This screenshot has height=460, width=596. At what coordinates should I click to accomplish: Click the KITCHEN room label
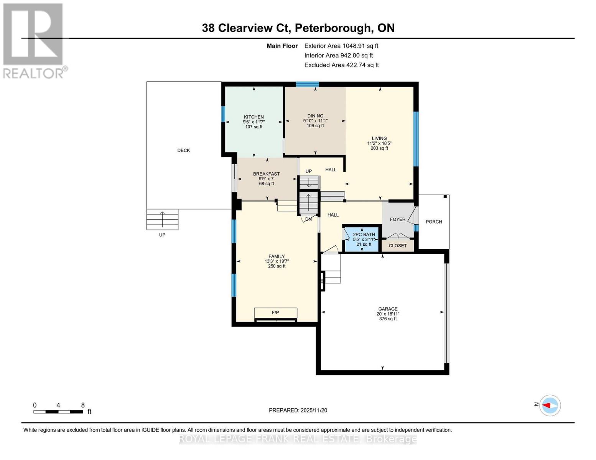click(x=254, y=117)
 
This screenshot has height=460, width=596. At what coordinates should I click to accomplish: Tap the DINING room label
click(x=315, y=116)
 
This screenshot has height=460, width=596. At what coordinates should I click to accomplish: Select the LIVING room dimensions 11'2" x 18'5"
click(x=379, y=143)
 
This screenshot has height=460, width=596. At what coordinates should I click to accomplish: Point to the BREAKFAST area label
click(x=266, y=174)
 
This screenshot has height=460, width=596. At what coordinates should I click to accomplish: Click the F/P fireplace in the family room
click(x=275, y=313)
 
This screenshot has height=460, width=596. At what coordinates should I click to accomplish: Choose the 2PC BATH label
click(x=364, y=235)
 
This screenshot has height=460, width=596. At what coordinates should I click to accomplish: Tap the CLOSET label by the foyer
click(x=397, y=246)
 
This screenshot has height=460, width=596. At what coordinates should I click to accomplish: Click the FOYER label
click(x=397, y=219)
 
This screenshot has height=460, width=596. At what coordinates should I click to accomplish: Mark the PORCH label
click(x=434, y=222)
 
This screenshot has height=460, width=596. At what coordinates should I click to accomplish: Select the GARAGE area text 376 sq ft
click(x=388, y=319)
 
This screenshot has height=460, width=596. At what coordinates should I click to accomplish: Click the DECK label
click(x=183, y=150)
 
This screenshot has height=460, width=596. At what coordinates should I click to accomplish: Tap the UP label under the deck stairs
click(x=162, y=235)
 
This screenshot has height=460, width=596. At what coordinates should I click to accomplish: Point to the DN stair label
click(x=308, y=220)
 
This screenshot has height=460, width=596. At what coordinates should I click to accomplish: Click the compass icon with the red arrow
click(x=550, y=405)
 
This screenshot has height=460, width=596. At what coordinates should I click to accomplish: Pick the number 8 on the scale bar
click(x=83, y=405)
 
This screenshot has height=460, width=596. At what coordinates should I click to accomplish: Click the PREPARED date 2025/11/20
click(x=313, y=411)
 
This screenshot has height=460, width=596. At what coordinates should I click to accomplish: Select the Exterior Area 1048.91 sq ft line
click(x=341, y=46)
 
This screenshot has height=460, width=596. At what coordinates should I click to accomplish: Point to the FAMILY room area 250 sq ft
click(x=277, y=266)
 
